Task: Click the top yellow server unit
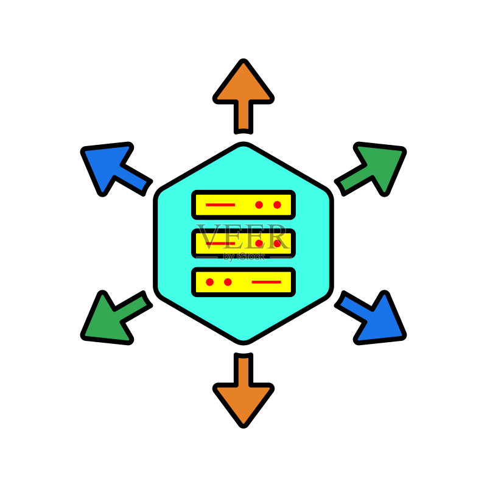[x=243, y=205]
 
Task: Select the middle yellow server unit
[x=243, y=243]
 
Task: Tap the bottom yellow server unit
[x=243, y=282]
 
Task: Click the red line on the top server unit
[x=220, y=205]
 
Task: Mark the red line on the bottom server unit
[x=267, y=282]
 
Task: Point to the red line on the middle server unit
[x=220, y=243]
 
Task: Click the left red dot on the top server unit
[x=259, y=205]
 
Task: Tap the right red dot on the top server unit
[x=277, y=205]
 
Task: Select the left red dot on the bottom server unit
[x=209, y=282]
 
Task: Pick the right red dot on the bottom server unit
[x=228, y=282]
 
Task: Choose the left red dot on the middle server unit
[x=259, y=243]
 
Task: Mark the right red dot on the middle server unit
[x=277, y=243]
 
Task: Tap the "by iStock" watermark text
[x=244, y=257]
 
